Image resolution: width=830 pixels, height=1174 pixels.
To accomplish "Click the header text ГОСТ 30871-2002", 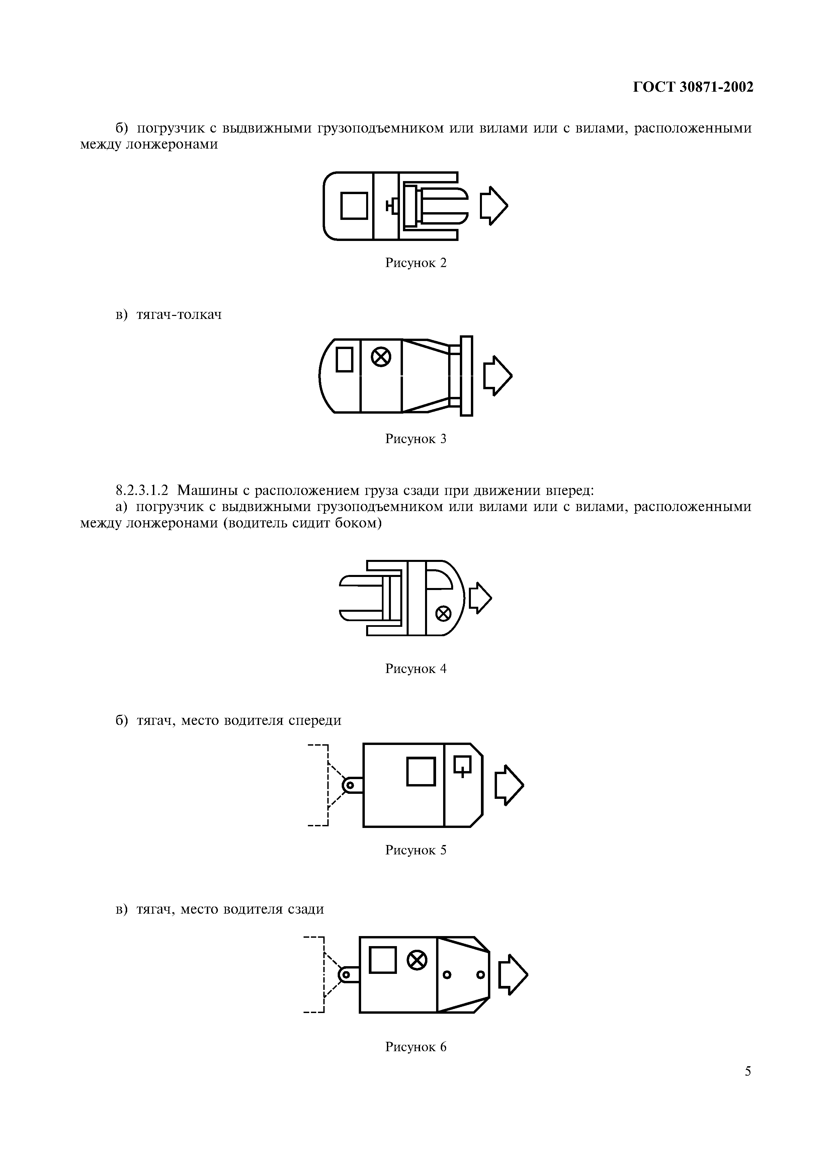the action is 693,87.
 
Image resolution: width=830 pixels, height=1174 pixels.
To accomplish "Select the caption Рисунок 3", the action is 416,439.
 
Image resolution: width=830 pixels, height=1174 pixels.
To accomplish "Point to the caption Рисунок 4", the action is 416,669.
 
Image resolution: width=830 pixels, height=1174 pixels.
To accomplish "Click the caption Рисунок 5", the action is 416,850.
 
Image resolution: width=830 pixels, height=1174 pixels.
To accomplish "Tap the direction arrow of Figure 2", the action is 494,205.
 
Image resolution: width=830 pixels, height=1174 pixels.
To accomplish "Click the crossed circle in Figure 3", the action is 381,357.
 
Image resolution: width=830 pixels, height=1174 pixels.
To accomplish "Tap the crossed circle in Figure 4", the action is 443,613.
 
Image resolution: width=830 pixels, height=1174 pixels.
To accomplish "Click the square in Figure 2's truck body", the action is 354,205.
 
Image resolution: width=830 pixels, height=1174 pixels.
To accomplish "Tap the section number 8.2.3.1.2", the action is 142,490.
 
